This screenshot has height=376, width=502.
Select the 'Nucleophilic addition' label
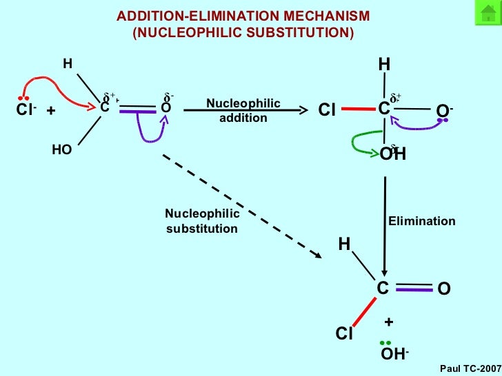click(x=243, y=110)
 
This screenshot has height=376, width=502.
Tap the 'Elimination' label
click(x=421, y=221)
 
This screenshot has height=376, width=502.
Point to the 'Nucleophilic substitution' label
click(x=202, y=221)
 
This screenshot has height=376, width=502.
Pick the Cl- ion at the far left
click(x=26, y=109)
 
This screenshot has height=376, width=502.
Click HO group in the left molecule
click(x=62, y=149)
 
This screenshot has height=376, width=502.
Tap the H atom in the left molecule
click(x=68, y=63)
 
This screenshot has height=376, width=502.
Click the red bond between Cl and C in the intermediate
click(x=357, y=108)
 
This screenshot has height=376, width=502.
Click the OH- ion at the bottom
click(x=394, y=354)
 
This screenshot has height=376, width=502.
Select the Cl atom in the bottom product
click(x=344, y=334)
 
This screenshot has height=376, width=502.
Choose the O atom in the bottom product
click(x=443, y=290)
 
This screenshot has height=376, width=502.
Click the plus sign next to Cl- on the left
click(x=50, y=109)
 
